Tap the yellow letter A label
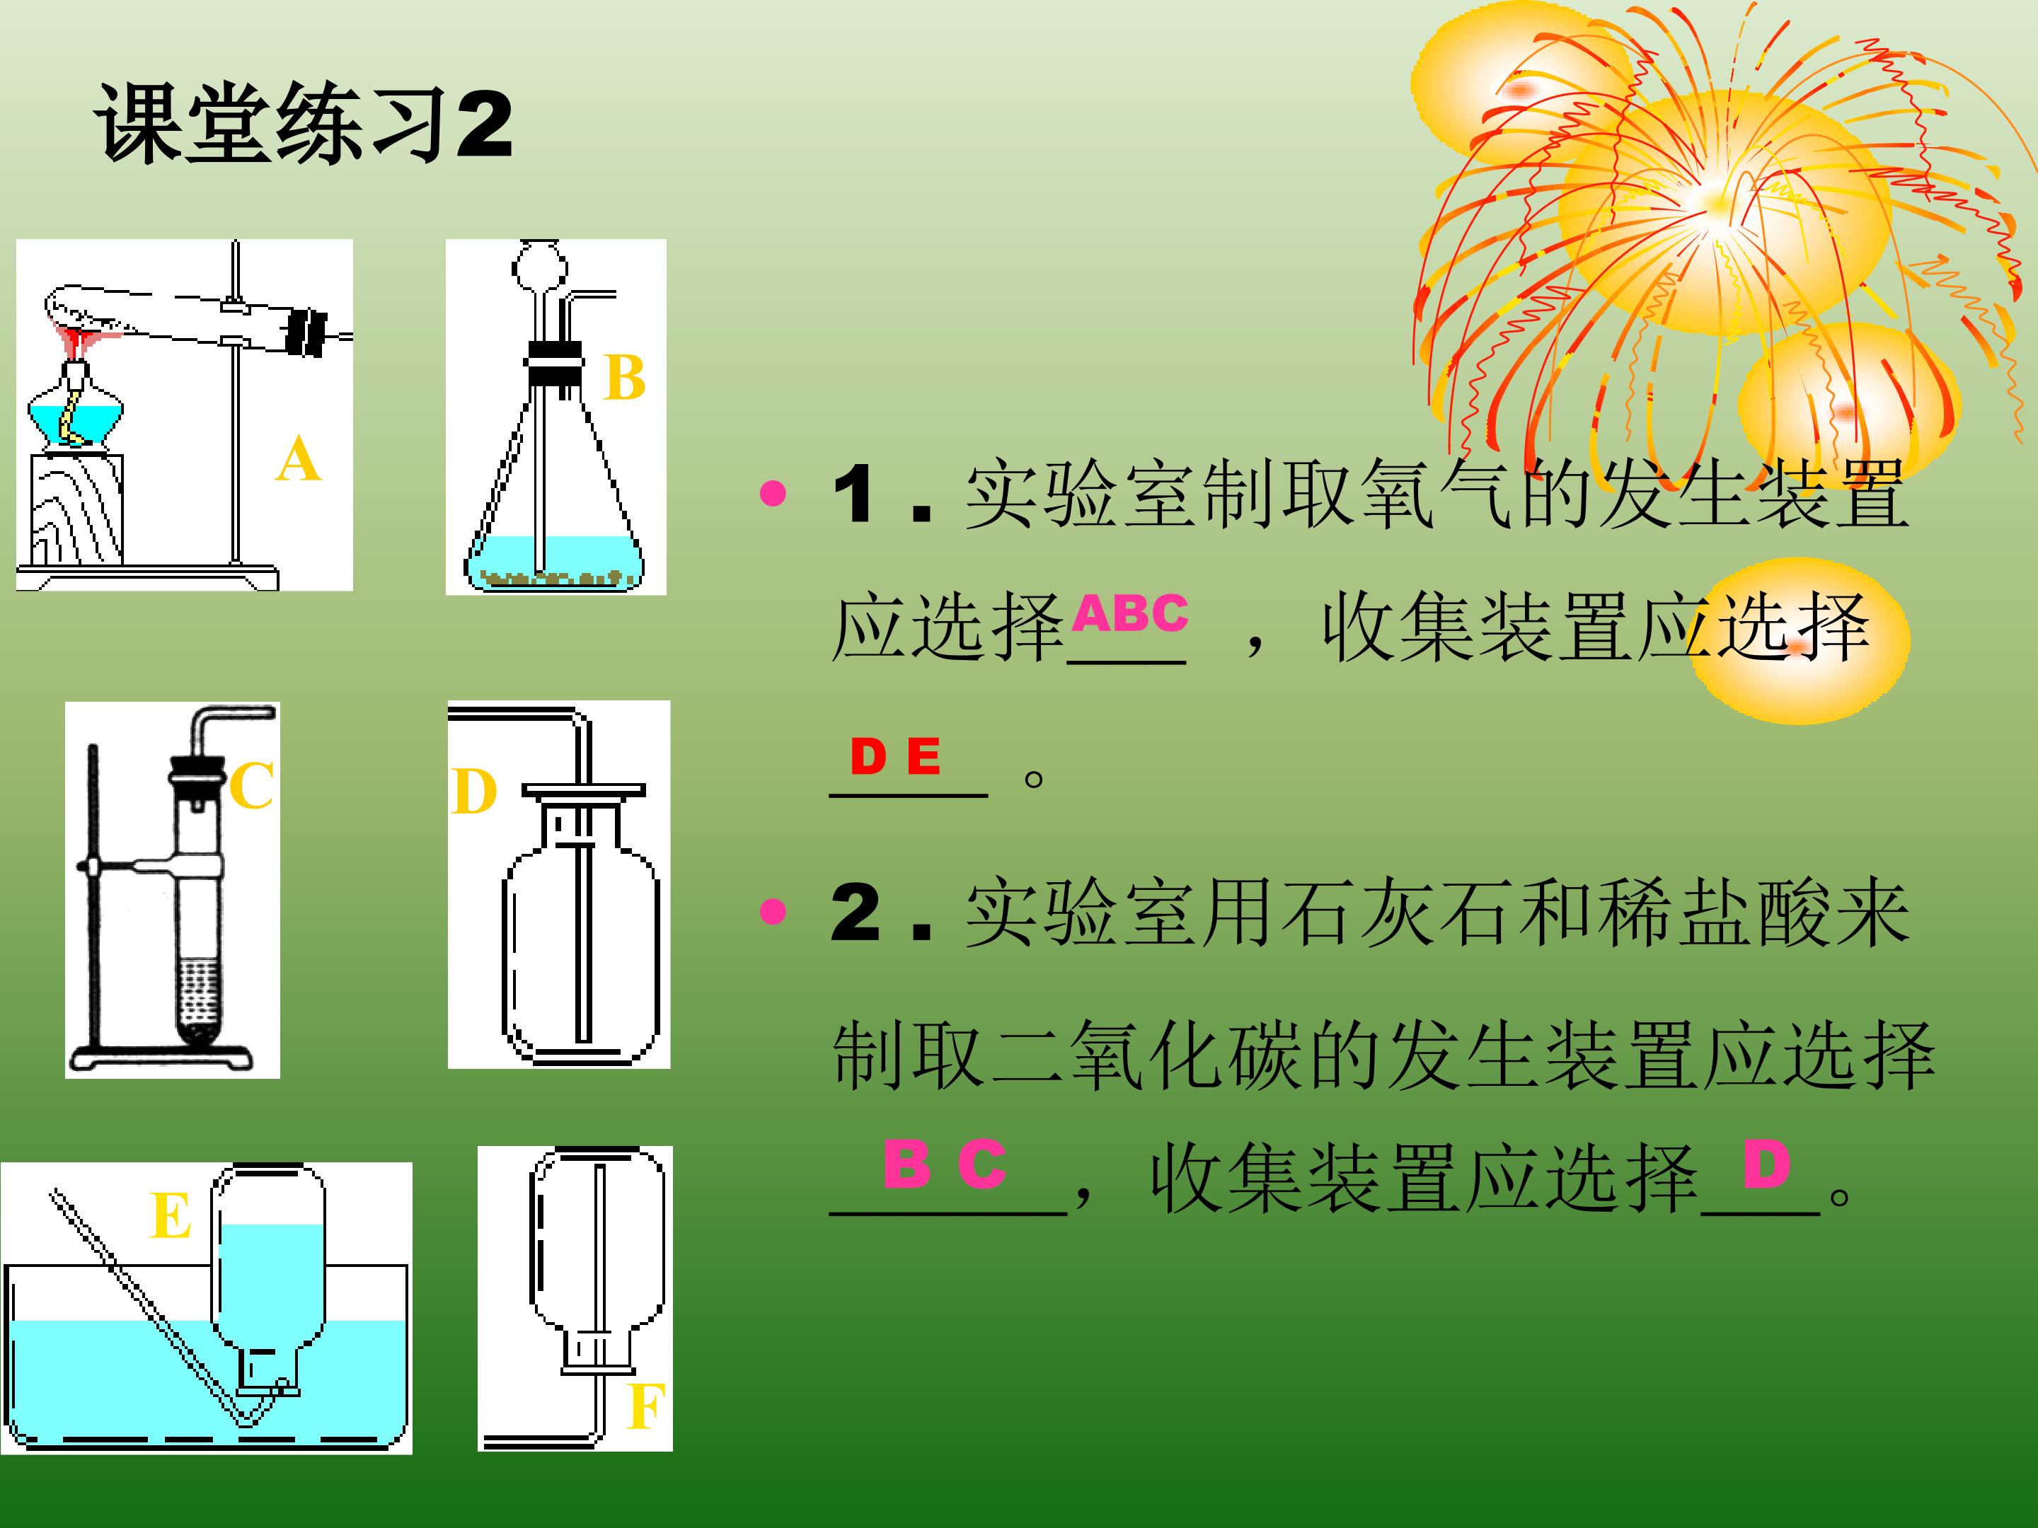[x=298, y=461]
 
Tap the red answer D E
[x=894, y=757]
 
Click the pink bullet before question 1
[x=773, y=494]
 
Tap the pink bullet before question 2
[x=773, y=912]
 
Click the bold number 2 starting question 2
[x=855, y=912]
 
